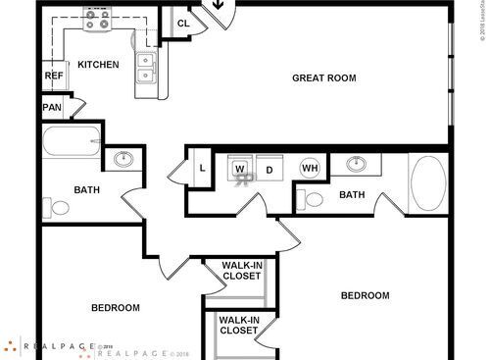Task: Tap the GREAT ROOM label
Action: point(323,77)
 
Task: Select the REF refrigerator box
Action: point(53,76)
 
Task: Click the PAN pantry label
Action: point(51,108)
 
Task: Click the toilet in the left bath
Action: point(59,208)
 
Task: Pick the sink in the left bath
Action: point(124,159)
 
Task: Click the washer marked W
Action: point(240,170)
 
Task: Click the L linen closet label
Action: point(201,167)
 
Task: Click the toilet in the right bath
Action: point(313,199)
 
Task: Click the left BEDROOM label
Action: point(116,307)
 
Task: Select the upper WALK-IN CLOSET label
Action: point(240,270)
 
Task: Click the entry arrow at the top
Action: point(219,8)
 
